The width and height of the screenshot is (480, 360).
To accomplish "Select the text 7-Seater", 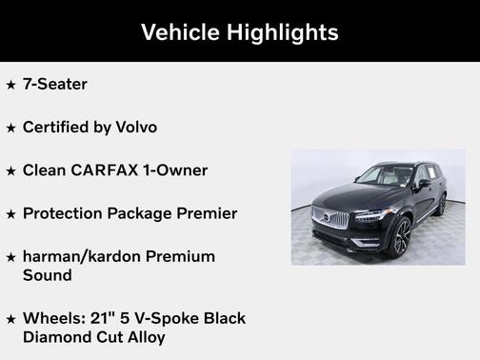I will tap(55, 84).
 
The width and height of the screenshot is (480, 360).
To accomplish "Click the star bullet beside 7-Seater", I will tap(10, 85).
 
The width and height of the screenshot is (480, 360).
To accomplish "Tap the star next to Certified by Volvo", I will tap(10, 128).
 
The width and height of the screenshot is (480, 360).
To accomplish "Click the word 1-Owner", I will tap(176, 170).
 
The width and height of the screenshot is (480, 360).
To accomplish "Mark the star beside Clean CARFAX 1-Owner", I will tap(10, 171).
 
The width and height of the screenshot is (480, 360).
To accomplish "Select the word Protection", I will tap(65, 213).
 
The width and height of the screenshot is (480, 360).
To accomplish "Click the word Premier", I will tap(205, 213).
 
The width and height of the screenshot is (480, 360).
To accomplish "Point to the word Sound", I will tap(48, 274).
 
